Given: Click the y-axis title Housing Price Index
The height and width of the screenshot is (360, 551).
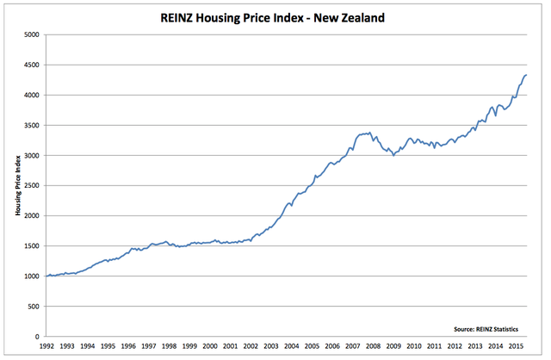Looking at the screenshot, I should click(18, 186).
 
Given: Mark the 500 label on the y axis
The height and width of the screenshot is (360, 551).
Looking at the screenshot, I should click(34, 307).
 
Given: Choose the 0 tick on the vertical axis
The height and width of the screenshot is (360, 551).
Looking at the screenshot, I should click(39, 337).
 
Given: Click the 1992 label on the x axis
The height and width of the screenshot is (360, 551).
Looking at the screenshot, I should click(46, 346).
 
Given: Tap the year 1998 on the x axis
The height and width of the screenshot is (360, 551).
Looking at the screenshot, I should click(170, 346).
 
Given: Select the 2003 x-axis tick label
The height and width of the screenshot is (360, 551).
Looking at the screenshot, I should click(271, 346).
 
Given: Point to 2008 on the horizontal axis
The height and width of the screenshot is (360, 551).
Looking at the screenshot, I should click(373, 346).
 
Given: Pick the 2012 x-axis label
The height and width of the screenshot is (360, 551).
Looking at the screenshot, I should click(455, 346).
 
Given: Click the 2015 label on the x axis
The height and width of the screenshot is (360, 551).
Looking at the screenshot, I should click(516, 346).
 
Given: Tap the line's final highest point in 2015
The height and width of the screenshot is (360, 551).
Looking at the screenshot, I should click(527, 76).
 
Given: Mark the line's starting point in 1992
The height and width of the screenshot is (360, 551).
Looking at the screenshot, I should click(46, 276).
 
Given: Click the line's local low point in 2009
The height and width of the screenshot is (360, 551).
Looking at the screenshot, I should click(393, 155).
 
